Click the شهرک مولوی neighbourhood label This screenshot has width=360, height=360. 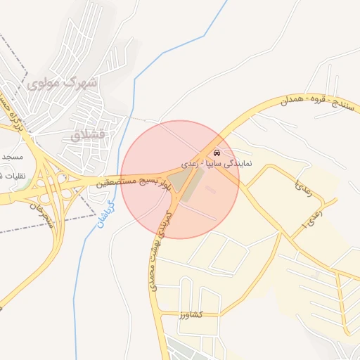pyautogui.click(x=64, y=82)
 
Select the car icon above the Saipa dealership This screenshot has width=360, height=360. pyautogui.click(x=215, y=153)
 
